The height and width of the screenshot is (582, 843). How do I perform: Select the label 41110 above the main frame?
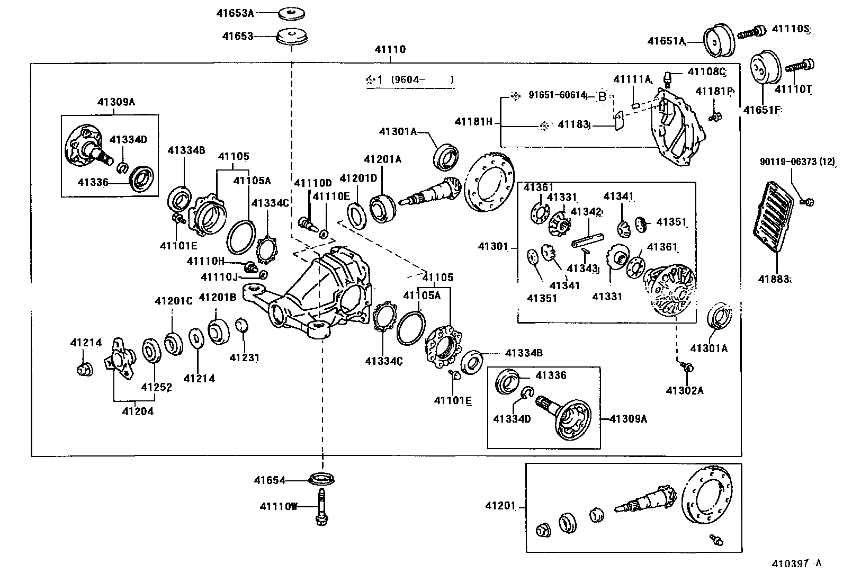(x=390, y=49)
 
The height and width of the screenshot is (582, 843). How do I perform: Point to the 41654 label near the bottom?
(x=269, y=481)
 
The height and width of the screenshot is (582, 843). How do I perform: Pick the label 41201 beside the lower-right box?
(x=500, y=506)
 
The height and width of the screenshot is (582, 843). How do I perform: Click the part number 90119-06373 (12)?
(x=797, y=163)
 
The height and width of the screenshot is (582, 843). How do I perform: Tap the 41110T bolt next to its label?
(x=800, y=66)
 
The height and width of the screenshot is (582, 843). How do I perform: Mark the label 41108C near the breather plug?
(x=706, y=71)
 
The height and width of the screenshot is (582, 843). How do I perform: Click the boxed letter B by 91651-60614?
(x=602, y=96)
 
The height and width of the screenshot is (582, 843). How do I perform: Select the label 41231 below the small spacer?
(x=244, y=357)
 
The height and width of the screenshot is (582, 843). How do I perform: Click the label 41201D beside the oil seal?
(x=358, y=178)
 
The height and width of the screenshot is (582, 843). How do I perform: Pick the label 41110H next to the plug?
(x=205, y=261)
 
